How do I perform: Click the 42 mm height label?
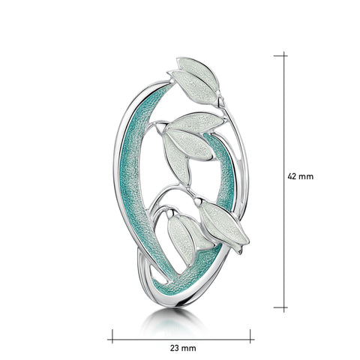tap(300, 176)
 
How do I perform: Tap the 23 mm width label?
tap(183, 348)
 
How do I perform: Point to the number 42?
tap(292, 176)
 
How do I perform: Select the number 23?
tap(175, 348)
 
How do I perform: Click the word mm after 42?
tap(306, 177)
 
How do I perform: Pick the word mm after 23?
tap(189, 349)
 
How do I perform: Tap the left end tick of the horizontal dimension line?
tap(112, 339)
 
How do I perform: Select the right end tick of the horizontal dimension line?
tap(250, 339)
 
